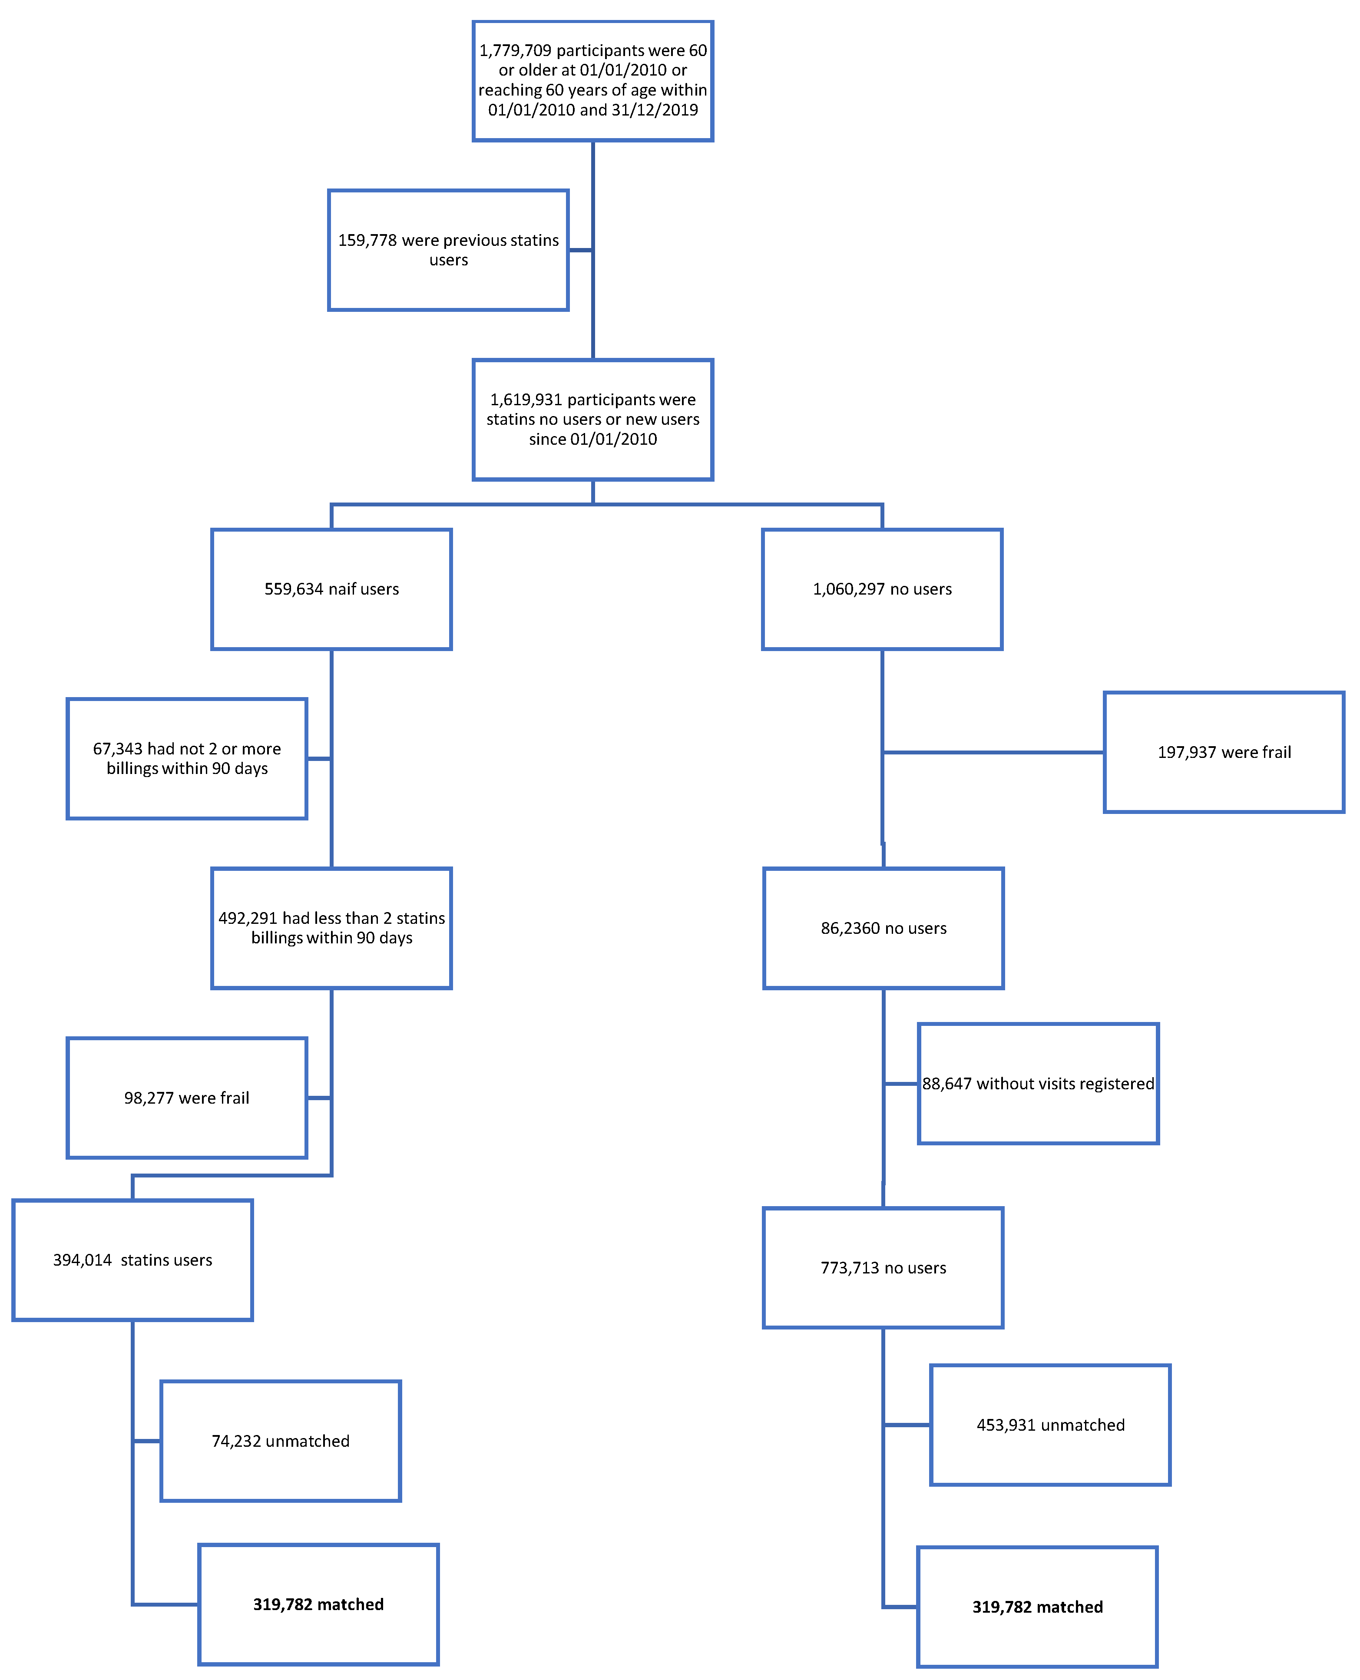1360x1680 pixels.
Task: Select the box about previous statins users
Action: [448, 250]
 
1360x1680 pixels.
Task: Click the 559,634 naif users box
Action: [331, 589]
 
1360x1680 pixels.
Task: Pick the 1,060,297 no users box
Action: [882, 589]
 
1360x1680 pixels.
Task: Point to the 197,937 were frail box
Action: [1224, 752]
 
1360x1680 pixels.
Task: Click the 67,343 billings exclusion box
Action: [186, 758]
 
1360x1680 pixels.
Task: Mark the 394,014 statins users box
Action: [132, 1260]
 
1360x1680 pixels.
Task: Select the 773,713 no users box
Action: [883, 1267]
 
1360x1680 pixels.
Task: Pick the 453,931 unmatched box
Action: [1050, 1425]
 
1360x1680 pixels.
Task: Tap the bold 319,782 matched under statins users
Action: [318, 1604]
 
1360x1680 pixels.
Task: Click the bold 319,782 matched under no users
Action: [1037, 1606]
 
